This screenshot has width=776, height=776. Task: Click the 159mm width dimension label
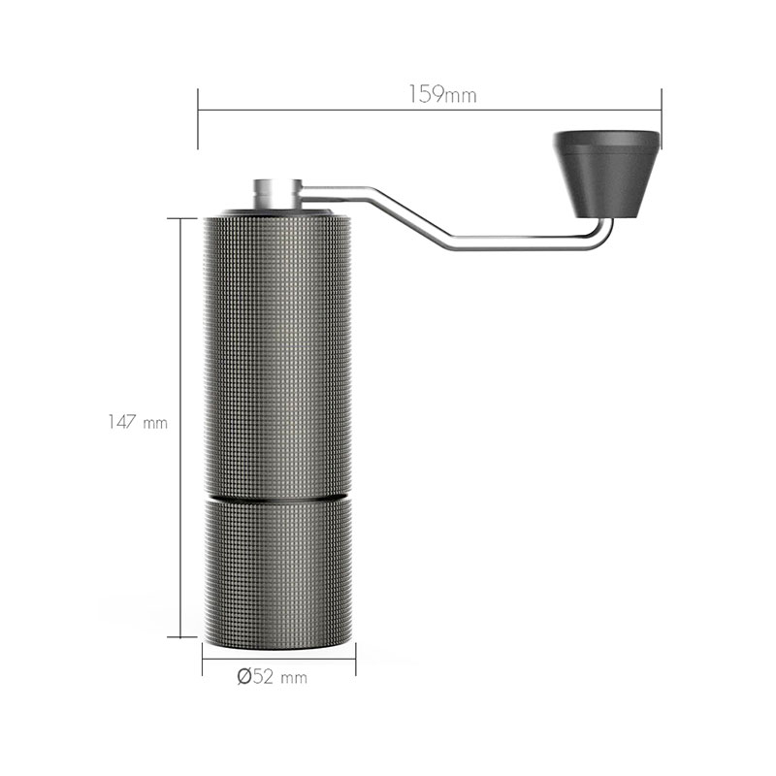(x=442, y=94)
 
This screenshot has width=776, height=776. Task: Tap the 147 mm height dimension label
(x=138, y=422)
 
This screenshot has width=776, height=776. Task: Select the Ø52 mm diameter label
(x=273, y=676)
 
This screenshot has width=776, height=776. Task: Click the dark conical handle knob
(x=606, y=175)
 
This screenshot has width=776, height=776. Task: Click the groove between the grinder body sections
(x=277, y=498)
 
